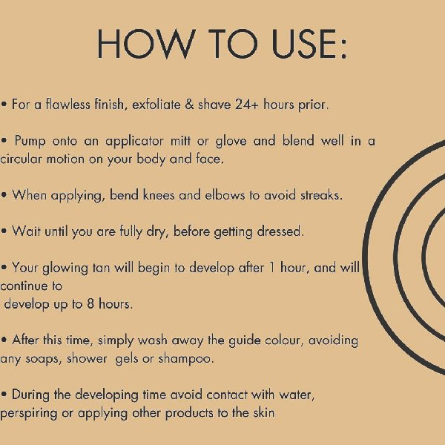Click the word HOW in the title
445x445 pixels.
click(146, 44)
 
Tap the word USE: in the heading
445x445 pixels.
click(309, 44)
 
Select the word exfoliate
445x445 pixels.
click(156, 105)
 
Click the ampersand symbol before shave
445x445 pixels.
click(189, 105)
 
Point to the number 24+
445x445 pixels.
click(247, 105)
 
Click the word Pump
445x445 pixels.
click(30, 141)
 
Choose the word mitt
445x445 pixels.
click(180, 141)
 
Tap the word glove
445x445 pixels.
click(231, 141)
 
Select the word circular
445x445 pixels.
click(21, 159)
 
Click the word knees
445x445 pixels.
click(159, 195)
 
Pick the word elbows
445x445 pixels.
click(225, 195)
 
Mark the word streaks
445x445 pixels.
click(321, 195)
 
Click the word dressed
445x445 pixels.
click(280, 231)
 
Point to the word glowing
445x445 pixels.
click(65, 268)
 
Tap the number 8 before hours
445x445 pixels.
click(90, 304)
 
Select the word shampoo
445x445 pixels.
click(185, 359)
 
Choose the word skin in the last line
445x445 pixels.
click(264, 413)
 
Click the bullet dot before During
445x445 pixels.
click(4, 395)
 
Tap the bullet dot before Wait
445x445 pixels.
click(4, 231)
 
